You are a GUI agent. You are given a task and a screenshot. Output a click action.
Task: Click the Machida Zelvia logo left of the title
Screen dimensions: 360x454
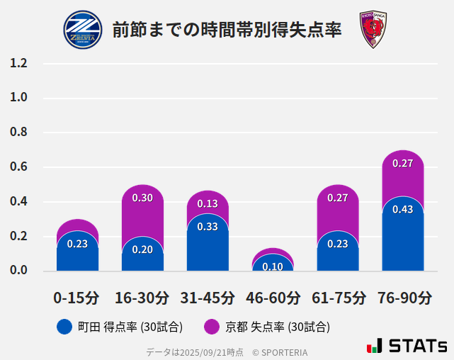point(83,30)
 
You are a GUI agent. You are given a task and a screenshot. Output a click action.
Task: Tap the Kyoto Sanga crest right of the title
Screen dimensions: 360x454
point(373,30)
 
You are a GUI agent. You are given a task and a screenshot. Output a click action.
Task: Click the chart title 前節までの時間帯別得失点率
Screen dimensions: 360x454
point(227,30)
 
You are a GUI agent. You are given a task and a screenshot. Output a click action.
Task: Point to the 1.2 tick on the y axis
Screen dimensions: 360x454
point(19,64)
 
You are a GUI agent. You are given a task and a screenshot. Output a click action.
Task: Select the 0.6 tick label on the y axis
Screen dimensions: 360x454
point(19,167)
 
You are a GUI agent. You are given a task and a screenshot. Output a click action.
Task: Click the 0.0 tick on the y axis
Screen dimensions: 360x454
point(19,271)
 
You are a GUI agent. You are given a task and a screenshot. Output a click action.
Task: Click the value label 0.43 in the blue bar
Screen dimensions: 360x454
point(402,209)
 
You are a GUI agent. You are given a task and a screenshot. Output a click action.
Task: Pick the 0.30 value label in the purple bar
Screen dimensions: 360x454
point(142,198)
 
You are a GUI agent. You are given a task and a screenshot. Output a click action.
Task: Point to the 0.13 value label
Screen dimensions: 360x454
point(208,203)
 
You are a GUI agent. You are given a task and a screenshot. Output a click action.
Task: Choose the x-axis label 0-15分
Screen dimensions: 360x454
point(76,298)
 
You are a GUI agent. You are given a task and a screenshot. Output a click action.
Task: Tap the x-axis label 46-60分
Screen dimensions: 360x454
point(273,298)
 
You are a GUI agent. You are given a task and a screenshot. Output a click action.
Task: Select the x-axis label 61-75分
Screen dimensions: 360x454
point(338,298)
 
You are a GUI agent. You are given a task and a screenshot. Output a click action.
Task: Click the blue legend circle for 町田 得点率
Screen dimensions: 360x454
point(64,327)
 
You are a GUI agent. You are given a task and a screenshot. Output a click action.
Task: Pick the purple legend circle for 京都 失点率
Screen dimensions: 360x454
point(211,327)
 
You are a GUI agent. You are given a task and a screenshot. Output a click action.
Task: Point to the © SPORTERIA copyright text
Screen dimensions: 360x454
point(280,352)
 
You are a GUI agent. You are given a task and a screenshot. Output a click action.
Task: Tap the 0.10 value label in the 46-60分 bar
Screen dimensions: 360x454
point(273,266)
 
